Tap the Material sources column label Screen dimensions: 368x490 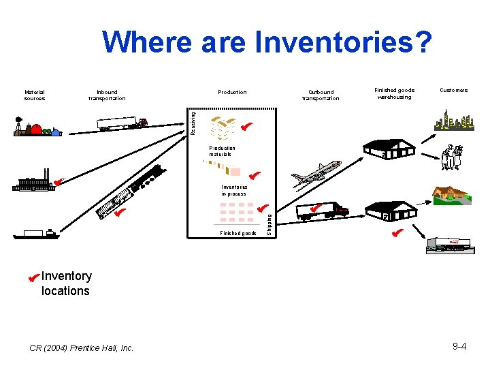coord(35,95)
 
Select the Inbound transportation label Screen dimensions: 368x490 coord(107,95)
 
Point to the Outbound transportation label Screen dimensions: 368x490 coord(321,95)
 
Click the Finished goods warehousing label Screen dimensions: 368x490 coord(394,93)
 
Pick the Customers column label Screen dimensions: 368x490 coord(453,90)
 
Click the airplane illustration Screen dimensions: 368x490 coord(316,174)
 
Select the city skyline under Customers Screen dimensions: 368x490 coord(453,121)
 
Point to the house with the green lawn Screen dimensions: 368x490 coord(450,194)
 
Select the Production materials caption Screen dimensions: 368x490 coord(222,151)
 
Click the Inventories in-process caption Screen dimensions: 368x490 coord(233,190)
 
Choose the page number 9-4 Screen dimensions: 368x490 coord(459,347)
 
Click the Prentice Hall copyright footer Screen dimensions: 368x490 coord(82,348)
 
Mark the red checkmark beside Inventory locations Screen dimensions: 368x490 coord(31,277)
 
